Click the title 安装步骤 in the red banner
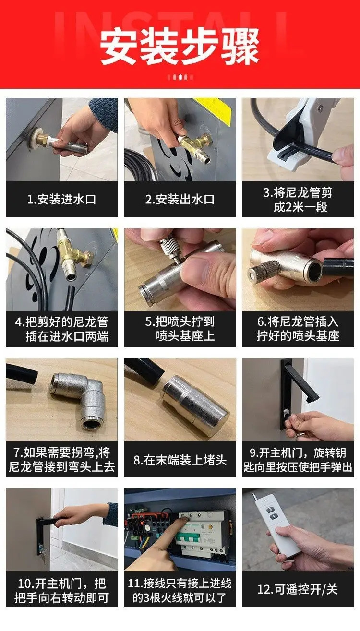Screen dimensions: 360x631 click(x=180, y=47)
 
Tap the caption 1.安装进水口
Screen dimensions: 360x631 click(x=62, y=199)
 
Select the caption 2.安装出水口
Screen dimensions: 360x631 click(x=180, y=199)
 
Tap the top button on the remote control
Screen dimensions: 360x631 click(x=272, y=509)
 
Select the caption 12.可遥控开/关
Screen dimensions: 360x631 click(x=298, y=589)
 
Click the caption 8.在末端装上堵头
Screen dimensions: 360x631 click(x=180, y=460)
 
